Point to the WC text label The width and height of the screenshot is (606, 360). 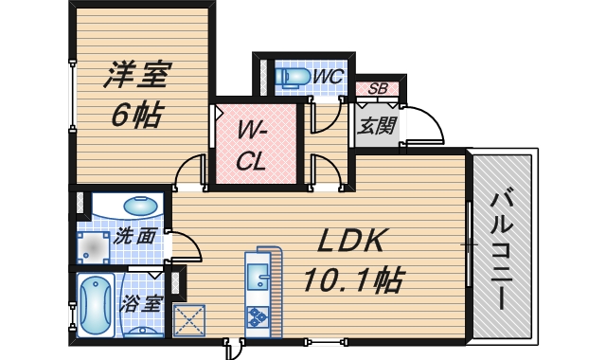pos(329,75)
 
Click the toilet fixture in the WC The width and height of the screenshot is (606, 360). pos(292,76)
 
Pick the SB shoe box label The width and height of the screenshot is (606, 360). pos(377,90)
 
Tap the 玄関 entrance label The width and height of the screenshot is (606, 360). pos(376,124)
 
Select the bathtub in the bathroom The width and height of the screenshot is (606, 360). pos(96,305)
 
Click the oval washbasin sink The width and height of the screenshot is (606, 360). pos(141,204)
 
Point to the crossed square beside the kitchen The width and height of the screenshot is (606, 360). pos(190,319)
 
